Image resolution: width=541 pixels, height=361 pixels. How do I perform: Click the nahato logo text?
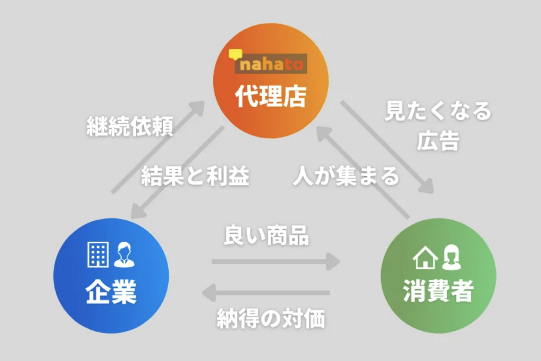pos(271,64)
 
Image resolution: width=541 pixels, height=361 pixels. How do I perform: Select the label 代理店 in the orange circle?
pos(270,96)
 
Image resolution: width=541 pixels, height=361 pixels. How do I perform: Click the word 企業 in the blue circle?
pos(111,292)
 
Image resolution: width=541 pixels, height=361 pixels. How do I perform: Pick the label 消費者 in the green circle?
pos(438,291)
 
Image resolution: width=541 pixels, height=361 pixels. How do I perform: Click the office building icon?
pos(98,254)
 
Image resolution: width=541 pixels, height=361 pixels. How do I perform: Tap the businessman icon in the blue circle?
pos(124,254)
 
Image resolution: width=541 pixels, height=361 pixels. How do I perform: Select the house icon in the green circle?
pos(425,258)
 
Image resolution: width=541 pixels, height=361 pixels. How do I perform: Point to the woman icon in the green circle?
pos(451,257)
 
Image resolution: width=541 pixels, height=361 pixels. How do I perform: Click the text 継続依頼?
pos(130,126)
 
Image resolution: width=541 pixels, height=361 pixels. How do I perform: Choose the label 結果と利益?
pos(195,176)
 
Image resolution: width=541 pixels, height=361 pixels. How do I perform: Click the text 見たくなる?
pos(438,111)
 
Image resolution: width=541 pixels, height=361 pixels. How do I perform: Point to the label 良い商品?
pos(266,236)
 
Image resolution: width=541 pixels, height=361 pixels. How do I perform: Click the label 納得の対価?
pos(271,319)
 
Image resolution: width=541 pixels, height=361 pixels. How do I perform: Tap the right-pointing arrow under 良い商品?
pos(276,262)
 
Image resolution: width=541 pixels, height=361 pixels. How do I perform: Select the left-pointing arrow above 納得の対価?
pos(266,293)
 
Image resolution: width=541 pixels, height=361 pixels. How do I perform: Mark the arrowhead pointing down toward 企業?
pos(138,212)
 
